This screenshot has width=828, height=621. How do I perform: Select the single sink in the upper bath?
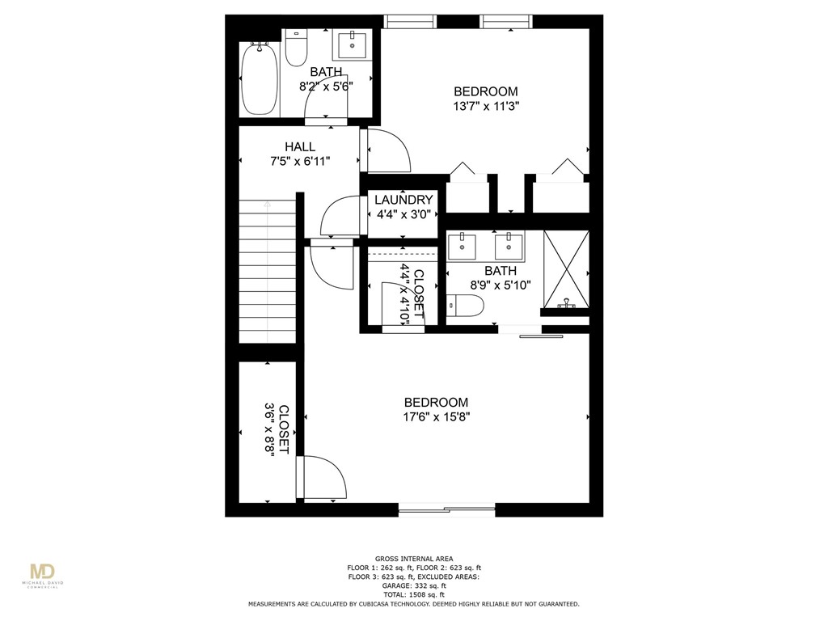353,45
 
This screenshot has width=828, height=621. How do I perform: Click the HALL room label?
299,146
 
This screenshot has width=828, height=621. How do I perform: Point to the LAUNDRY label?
403,200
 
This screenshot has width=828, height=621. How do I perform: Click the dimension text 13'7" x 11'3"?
485,105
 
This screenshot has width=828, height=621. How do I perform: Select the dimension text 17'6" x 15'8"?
437,416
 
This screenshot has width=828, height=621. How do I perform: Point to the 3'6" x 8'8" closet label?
278,429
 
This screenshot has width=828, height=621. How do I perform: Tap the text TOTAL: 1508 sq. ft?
413,594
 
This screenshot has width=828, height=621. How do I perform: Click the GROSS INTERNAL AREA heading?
413,558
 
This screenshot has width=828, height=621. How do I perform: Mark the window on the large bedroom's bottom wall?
446,509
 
